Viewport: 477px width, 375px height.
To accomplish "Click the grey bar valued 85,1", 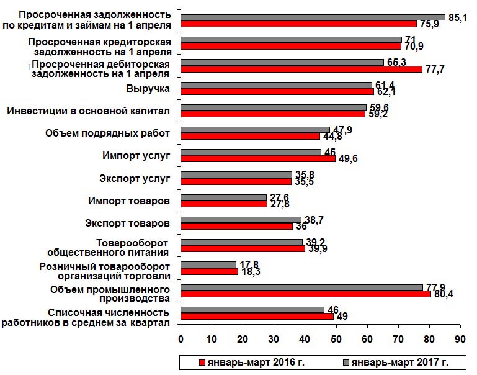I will tap(313, 17).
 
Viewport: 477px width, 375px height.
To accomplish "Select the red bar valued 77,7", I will tap(301, 69).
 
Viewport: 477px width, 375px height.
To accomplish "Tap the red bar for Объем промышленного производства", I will tap(305, 294).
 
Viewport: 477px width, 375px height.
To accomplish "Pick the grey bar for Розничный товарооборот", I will tap(208, 264).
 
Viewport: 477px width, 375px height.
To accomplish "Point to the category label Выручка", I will tap(148, 89).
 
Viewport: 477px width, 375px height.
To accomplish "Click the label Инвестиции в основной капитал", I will tap(88, 111).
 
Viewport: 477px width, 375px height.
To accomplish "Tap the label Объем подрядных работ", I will tap(108, 133).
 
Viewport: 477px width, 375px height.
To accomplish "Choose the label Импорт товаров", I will tap(128, 201).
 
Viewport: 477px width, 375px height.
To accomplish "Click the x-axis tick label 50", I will tap(336, 339).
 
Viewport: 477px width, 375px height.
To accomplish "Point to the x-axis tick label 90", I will tap(460, 339).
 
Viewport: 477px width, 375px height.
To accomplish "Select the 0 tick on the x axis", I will tap(181, 339).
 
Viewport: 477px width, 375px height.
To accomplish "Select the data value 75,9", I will tap(429, 24).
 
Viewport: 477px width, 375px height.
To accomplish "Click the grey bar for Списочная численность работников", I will tap(252, 309).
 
